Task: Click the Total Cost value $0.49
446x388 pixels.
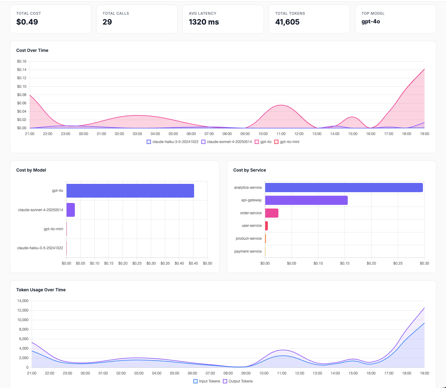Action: pos(27,22)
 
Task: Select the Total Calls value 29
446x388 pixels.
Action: pos(107,22)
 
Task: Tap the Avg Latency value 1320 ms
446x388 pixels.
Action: pos(204,22)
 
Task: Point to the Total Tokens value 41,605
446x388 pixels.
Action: pos(287,22)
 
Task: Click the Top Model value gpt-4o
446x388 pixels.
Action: pos(371,21)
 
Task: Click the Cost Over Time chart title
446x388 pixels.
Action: pos(32,50)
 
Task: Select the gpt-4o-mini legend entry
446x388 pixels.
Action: pos(287,142)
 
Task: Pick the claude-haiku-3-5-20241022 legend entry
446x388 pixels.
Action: pos(172,142)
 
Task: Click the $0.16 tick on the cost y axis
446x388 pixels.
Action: pos(22,61)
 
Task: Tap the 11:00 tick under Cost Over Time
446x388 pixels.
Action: pos(281,134)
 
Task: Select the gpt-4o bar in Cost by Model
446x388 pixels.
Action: pos(130,191)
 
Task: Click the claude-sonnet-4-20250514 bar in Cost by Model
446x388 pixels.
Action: pos(71,210)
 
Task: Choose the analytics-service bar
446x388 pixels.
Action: pos(344,188)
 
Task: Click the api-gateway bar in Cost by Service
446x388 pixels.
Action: pos(306,200)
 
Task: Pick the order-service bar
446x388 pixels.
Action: pos(272,213)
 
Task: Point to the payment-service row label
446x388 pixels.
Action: pos(248,251)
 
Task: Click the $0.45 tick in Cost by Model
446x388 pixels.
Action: pos(193,263)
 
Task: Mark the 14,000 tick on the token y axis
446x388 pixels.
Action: pos(23,301)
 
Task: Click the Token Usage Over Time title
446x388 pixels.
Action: pos(41,290)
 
